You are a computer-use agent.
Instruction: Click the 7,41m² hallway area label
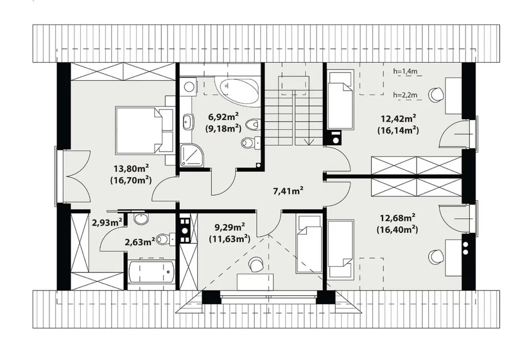point(288,191)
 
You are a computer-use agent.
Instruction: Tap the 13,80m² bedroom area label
point(131,168)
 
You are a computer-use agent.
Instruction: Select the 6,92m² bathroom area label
point(223,117)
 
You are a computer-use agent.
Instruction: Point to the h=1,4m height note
point(406,71)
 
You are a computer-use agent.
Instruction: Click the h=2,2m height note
point(406,95)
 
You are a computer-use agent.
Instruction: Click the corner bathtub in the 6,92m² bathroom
point(238,90)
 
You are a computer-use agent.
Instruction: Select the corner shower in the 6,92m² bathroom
point(192,155)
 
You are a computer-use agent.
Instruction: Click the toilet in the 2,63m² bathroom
point(166,239)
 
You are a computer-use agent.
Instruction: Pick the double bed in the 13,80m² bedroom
point(144,130)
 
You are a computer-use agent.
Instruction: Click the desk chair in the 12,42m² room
point(436,95)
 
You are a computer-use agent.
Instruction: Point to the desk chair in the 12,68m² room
point(436,257)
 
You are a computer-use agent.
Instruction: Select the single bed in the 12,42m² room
point(340,99)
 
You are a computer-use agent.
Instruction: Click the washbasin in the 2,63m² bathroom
point(141,218)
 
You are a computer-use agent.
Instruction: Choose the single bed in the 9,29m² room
point(309,244)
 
